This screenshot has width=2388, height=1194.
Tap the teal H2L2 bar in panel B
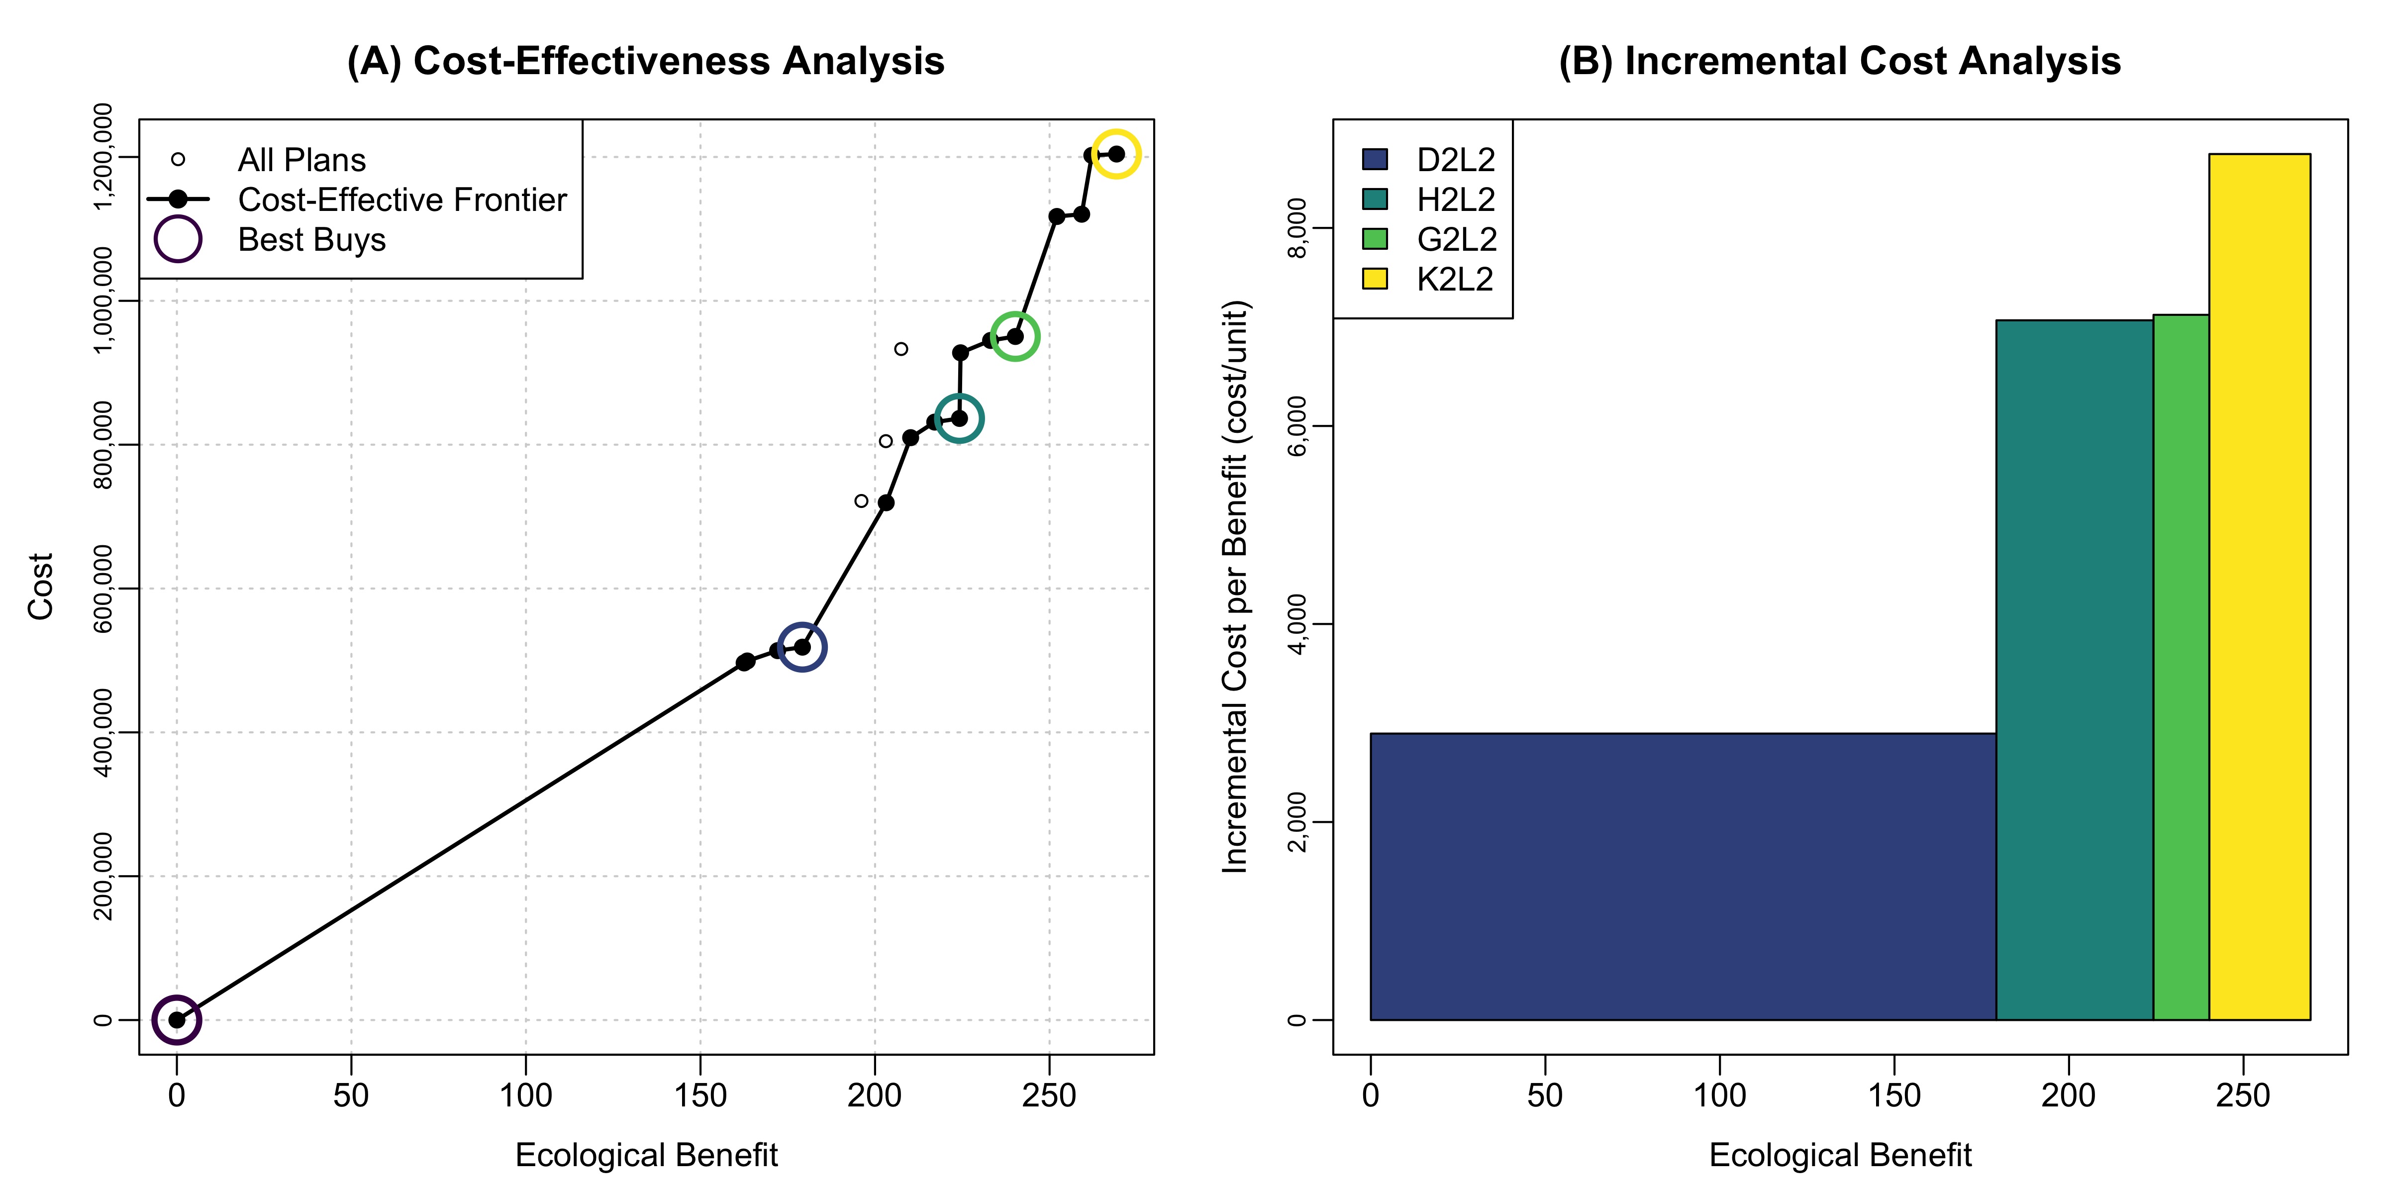(x=2074, y=669)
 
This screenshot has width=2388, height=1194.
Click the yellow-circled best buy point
(x=1116, y=154)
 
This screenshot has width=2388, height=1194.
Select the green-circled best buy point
(x=1015, y=336)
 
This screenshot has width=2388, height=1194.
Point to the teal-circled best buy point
(x=960, y=419)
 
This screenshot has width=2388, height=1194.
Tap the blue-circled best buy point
(x=802, y=647)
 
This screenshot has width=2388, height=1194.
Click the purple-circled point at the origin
(x=177, y=1020)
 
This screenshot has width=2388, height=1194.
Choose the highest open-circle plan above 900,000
(x=901, y=349)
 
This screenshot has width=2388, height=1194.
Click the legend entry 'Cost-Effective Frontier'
(x=401, y=199)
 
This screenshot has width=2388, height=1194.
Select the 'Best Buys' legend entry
(x=311, y=239)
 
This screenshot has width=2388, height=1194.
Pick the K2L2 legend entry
(x=1454, y=279)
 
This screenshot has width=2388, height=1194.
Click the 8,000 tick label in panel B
(x=1298, y=228)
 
